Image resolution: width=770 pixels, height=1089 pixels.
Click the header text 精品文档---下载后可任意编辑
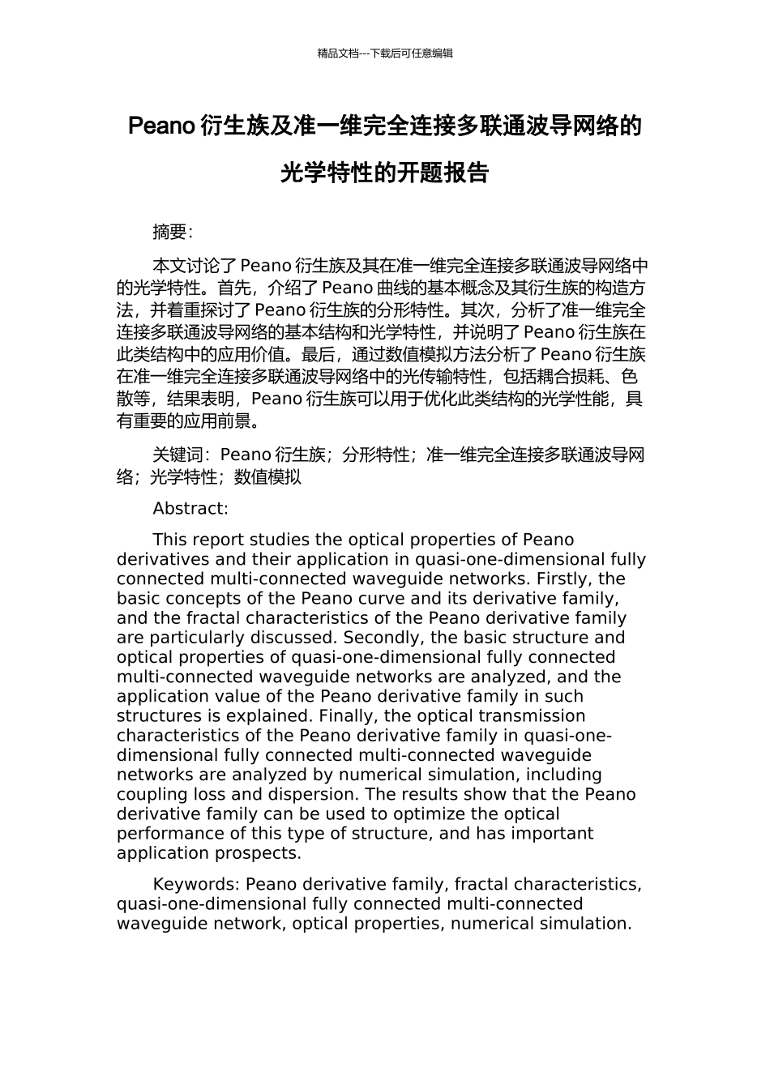tap(385, 53)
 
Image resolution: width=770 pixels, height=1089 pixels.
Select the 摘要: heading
tap(173, 232)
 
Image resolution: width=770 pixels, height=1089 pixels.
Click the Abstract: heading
tap(190, 509)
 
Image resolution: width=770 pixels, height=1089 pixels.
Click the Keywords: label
tap(196, 884)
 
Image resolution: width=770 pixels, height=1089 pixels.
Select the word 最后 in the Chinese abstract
tap(317, 354)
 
